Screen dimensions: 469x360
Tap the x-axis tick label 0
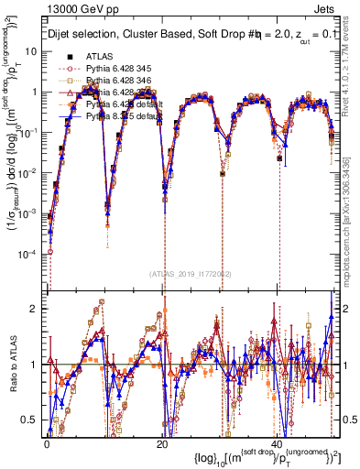coord(48,442)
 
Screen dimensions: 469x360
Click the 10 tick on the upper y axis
coord(35,51)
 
